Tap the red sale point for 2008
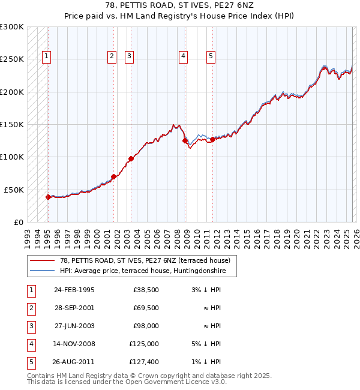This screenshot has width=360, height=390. tap(185, 141)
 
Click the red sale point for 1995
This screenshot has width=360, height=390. tap(48, 197)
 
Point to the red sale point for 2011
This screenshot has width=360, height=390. tap(212, 139)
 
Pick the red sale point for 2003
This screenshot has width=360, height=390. tap(131, 158)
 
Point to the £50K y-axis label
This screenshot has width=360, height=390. tap(14, 190)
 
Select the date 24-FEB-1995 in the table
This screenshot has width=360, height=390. tap(74, 290)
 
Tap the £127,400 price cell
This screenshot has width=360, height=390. tap(144, 362)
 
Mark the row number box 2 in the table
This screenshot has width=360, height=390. tap(30, 308)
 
